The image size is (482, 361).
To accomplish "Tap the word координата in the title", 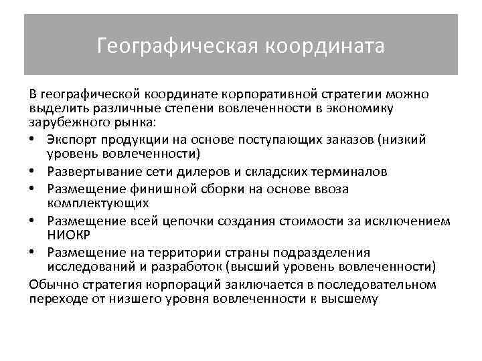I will pyautogui.click(x=325, y=46).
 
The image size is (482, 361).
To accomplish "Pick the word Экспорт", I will pyautogui.click(x=70, y=139).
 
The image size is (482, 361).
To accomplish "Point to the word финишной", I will pyautogui.click(x=161, y=189).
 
